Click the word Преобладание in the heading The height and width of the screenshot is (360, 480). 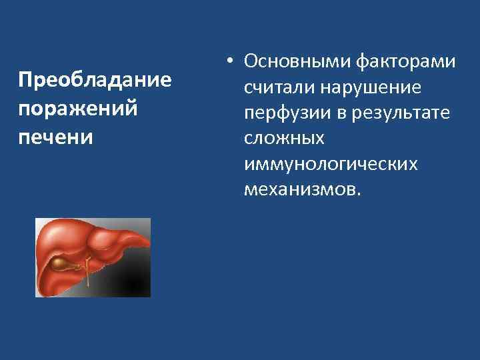95,81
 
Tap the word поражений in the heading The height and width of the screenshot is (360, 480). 79,109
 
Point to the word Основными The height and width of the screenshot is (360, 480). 291,62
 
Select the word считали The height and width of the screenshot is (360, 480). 279,87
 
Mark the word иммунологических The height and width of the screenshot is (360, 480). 331,163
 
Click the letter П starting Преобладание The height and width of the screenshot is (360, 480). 25,81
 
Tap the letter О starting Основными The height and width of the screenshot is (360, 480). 251,62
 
